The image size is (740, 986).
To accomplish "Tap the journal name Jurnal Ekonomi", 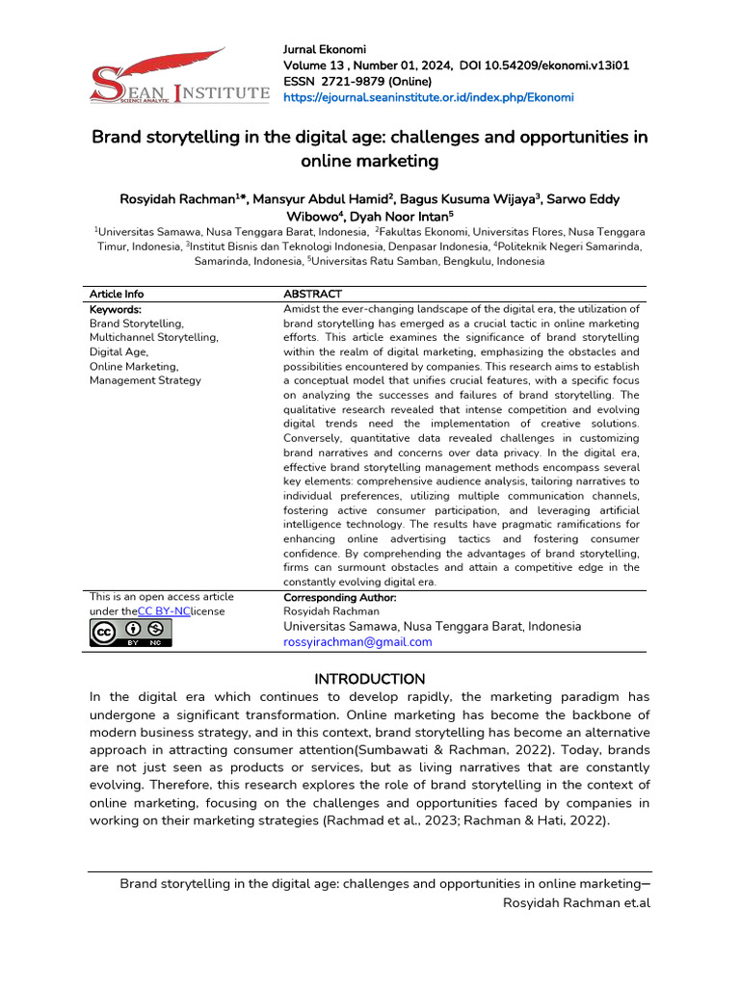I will point(324,49).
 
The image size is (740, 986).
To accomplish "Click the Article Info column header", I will point(117,294).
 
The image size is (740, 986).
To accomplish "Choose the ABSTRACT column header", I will point(312,294).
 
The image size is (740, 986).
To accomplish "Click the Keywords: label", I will point(116,310).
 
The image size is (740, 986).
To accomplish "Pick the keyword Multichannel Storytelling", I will point(154,338).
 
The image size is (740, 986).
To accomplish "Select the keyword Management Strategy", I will point(145,380).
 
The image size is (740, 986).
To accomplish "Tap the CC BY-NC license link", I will point(164,611).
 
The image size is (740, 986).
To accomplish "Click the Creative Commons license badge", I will point(130,633).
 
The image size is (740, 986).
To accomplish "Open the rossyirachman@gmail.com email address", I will point(357,642).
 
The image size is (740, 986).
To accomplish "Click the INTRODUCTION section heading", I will point(370,679).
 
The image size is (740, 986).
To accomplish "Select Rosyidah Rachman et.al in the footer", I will point(577,904).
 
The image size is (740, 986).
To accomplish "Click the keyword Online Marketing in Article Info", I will point(134,366).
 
